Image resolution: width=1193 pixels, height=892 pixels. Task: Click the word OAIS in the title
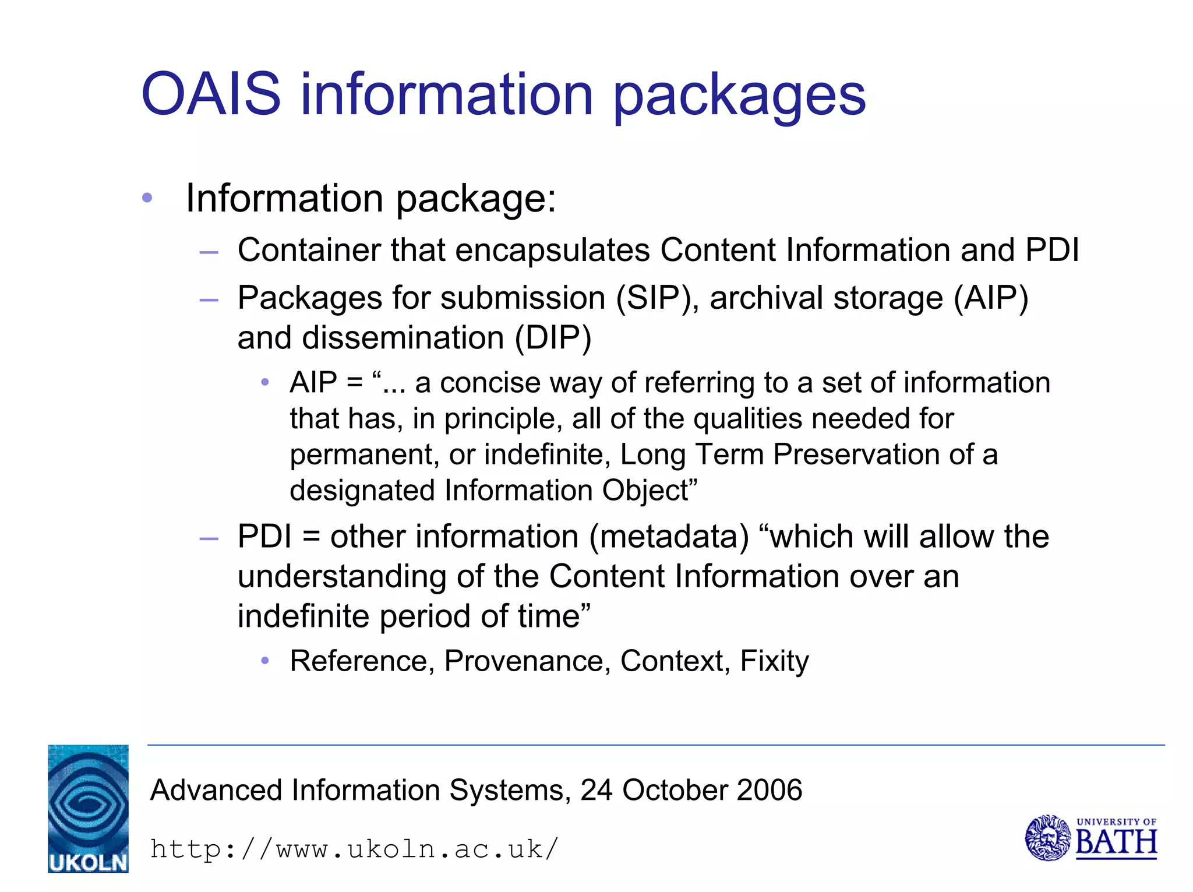pos(211,94)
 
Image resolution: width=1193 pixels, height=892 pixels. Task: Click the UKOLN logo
pos(88,809)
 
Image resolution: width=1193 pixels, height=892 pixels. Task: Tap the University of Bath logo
pos(1090,838)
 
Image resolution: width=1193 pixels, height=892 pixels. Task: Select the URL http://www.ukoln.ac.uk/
pos(354,849)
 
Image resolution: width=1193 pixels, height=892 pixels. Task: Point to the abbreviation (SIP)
pos(658,298)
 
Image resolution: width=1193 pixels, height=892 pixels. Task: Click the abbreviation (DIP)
pos(553,338)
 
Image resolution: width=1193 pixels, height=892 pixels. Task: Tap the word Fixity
pos(774,661)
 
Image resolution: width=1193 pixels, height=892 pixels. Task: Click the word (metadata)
pos(669,537)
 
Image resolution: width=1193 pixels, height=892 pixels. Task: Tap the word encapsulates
pos(552,251)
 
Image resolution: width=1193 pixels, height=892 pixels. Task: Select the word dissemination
pos(403,338)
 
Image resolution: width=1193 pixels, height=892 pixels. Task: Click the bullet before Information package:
pos(147,198)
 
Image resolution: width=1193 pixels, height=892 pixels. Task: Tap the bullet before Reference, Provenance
pos(265,661)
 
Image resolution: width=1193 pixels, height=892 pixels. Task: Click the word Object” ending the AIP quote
pos(650,491)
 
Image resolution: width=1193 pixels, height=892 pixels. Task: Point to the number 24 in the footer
pos(596,791)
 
